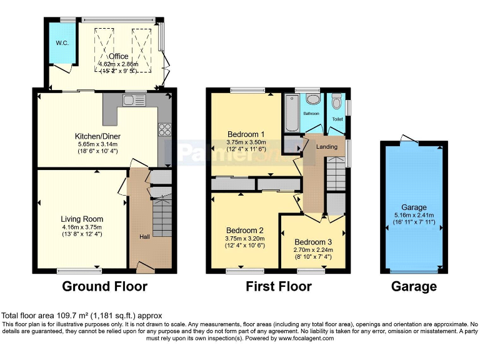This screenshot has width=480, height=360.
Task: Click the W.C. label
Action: [61, 43]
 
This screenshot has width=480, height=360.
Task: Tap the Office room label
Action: [119, 57]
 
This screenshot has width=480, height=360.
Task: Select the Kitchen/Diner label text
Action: [97, 136]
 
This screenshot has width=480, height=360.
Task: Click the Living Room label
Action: [82, 219]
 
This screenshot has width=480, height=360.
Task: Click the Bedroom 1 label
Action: [246, 134]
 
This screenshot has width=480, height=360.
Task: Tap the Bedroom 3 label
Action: [314, 242]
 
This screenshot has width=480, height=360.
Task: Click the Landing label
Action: [326, 147]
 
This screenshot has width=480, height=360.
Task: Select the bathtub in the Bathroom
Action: [292, 114]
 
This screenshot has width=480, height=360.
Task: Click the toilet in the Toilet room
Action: [336, 102]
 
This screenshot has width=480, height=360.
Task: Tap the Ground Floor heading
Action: [104, 287]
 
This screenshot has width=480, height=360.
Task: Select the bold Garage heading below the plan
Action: [414, 287]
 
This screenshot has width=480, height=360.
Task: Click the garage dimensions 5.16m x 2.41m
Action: [414, 216]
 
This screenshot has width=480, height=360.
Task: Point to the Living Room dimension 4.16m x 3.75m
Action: [82, 227]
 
